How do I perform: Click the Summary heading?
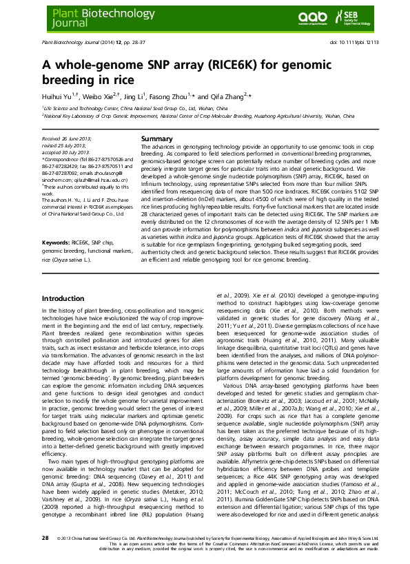(156, 138)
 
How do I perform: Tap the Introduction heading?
(63, 298)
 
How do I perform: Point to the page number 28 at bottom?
(45, 538)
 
